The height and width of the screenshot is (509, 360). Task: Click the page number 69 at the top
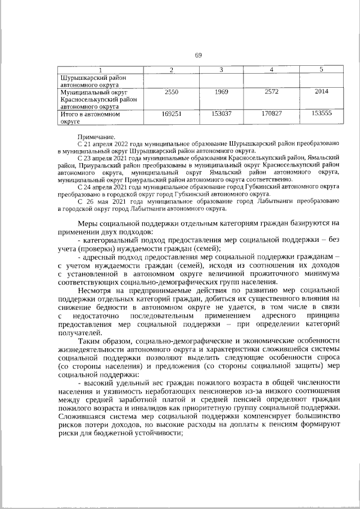(x=198, y=55)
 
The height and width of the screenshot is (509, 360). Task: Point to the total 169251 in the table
(x=172, y=113)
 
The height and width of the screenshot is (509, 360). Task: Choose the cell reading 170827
(x=271, y=113)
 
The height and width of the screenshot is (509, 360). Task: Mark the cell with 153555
(x=321, y=113)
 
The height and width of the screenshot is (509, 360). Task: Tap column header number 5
(x=321, y=69)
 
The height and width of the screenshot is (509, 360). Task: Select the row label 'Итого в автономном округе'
(x=91, y=116)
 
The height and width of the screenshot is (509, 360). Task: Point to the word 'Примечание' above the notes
(x=97, y=137)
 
